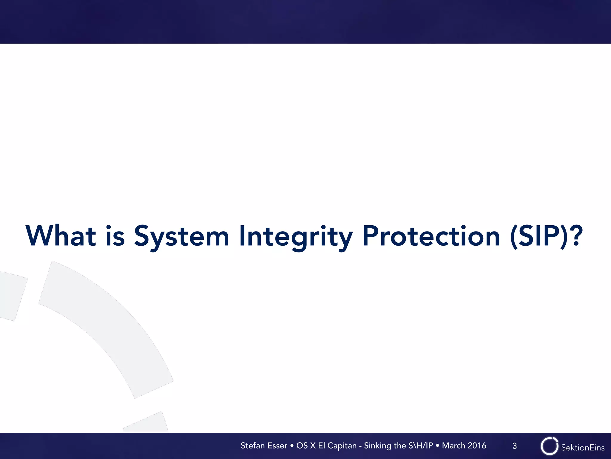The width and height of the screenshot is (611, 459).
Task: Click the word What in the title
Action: point(61,236)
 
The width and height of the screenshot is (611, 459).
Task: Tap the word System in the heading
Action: point(181,236)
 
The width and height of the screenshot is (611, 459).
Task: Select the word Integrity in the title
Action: point(296,236)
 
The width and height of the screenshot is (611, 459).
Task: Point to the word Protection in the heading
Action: point(431,236)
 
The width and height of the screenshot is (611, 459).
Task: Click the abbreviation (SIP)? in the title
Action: point(546,236)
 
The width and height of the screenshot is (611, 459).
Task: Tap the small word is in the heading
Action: point(115,236)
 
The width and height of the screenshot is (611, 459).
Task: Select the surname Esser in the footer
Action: point(277,446)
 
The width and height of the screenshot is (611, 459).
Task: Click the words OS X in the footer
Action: point(306,446)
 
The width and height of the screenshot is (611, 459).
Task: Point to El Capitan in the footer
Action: point(337,446)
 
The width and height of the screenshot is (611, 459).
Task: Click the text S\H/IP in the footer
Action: point(421,446)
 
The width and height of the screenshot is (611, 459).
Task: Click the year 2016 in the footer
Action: point(477,446)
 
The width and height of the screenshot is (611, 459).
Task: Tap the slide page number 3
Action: point(515,446)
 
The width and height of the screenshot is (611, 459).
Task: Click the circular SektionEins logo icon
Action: point(549,446)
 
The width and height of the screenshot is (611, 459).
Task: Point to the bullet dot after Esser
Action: point(292,446)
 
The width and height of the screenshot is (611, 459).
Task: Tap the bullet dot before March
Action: point(437,446)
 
